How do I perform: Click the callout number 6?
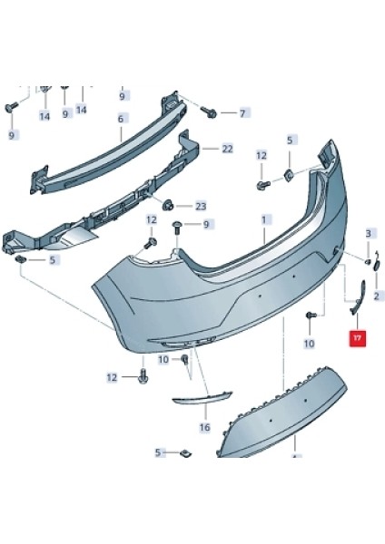pyautogui.click(x=120, y=118)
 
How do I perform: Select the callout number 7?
pyautogui.click(x=242, y=113)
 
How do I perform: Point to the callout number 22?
pyautogui.click(x=227, y=148)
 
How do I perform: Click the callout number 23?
pyautogui.click(x=201, y=206)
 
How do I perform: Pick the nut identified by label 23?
pyautogui.click(x=170, y=202)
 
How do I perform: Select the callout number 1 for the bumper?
pyautogui.click(x=264, y=219)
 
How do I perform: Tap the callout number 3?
pyautogui.click(x=369, y=234)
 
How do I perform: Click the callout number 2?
pyautogui.click(x=375, y=296)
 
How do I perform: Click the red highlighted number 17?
pyautogui.click(x=357, y=338)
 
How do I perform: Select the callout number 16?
pyautogui.click(x=204, y=426)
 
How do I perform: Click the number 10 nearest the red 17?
pyautogui.click(x=309, y=344)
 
